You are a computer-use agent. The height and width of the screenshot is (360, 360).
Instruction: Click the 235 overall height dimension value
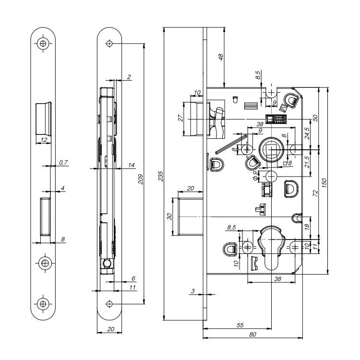point(161,176)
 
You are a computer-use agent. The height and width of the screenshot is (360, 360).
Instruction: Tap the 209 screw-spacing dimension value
point(141,180)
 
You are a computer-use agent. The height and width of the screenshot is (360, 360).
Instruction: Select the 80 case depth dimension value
point(252,334)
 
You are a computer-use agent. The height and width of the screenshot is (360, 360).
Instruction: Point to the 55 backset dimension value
point(240,325)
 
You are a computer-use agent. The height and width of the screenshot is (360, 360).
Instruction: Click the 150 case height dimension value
point(324,183)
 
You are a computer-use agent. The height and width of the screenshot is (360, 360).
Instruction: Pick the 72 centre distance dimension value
point(315,193)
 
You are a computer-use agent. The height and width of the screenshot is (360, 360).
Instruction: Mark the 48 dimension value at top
point(220,57)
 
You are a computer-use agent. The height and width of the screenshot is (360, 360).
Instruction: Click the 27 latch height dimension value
point(181,118)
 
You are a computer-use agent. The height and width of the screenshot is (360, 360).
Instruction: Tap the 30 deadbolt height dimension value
point(169,216)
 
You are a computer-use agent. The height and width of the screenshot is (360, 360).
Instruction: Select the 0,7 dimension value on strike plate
point(63,163)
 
